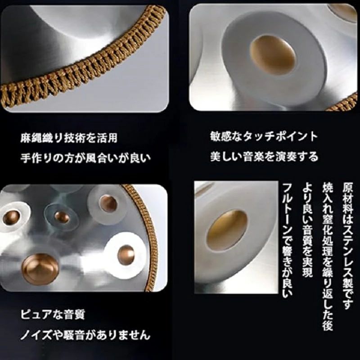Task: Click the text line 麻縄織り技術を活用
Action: (69, 138)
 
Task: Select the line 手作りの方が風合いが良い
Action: (85, 158)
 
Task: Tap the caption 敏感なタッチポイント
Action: (264, 137)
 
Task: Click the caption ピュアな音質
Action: (53, 314)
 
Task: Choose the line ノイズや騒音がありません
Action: (85, 335)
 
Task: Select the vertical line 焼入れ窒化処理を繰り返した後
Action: (328, 256)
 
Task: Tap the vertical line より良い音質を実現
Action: (307, 230)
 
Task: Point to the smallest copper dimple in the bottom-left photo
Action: (62, 217)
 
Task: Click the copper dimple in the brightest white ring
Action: (126, 255)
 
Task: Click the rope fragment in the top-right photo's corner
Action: (344, 103)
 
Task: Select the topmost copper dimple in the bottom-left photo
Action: (108, 204)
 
